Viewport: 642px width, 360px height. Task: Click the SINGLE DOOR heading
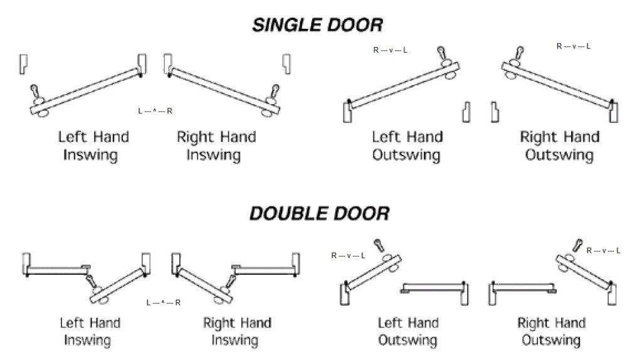[x=318, y=25]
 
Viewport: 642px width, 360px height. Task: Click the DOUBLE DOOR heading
[x=319, y=213]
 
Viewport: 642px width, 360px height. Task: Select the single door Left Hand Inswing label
[x=93, y=146]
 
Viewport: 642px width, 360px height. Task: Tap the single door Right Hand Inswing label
[x=216, y=146]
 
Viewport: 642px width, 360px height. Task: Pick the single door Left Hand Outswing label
[x=407, y=146]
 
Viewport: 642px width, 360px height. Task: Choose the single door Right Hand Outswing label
[x=560, y=146]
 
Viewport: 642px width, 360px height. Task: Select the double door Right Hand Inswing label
[x=237, y=332]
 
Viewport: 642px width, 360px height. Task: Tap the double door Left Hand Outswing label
[x=408, y=331]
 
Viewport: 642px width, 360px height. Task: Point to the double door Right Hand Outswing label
[x=551, y=331]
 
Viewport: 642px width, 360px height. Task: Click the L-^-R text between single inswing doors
[x=155, y=111]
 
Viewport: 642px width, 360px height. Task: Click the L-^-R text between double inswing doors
[x=164, y=302]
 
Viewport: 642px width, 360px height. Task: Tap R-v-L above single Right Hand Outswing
[x=574, y=46]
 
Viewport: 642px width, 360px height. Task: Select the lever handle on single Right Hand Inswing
[x=273, y=94]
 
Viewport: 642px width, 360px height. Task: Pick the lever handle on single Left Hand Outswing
[x=443, y=55]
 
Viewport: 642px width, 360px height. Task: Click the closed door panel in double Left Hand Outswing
[x=433, y=287]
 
